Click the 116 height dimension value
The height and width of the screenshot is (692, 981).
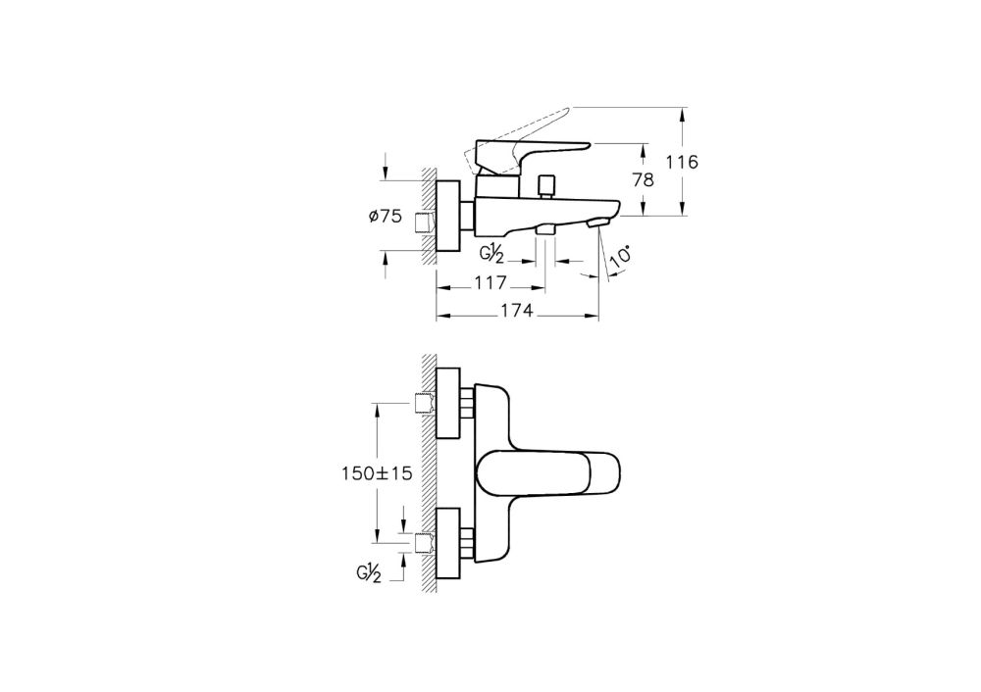pos(679,162)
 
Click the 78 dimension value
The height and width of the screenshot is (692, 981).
pos(644,179)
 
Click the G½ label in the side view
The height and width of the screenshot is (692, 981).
pos(493,254)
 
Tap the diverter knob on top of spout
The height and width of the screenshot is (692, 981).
pos(548,184)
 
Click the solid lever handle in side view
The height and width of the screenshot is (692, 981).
pos(530,152)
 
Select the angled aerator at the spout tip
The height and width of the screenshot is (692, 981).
pos(595,225)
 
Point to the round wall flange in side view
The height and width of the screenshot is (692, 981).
pos(448,218)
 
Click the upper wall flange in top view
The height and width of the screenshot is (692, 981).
pos(448,403)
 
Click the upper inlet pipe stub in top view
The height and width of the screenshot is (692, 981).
pos(425,403)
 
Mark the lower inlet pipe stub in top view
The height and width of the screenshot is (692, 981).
pos(425,542)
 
